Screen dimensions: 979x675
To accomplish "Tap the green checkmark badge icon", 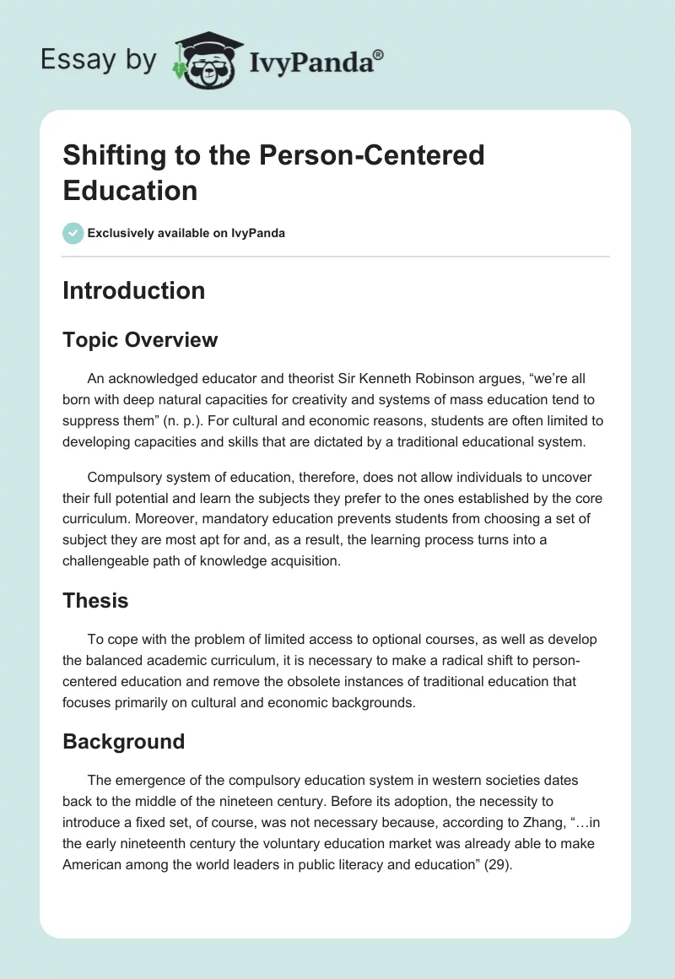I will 73,233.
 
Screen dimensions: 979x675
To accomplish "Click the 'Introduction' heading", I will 134,290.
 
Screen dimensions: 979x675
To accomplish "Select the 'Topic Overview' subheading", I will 140,340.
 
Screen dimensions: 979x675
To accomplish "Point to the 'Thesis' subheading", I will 95,601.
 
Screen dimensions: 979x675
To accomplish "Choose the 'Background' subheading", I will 123,742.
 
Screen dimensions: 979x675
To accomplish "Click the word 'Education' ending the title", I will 130,190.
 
